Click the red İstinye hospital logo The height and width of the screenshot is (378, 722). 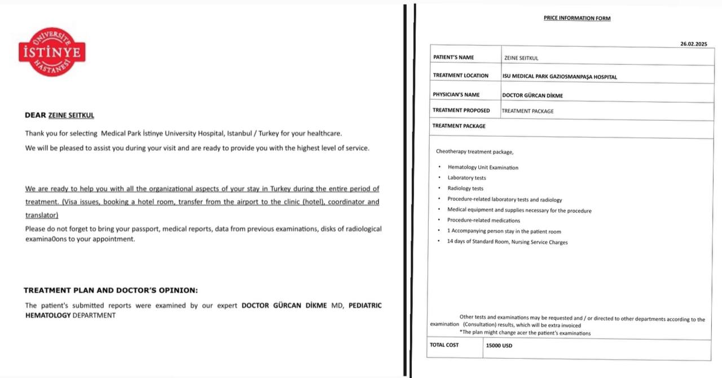[52, 52]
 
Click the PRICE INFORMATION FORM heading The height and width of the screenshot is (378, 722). [576, 18]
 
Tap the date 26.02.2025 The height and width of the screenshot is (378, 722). [693, 44]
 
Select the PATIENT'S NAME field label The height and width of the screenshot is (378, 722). [454, 58]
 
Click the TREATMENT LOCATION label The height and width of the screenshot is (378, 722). [460, 76]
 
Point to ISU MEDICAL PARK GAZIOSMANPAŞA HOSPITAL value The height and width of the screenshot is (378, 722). [559, 77]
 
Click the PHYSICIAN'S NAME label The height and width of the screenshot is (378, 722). [457, 95]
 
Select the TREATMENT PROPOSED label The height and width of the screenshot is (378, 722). [461, 111]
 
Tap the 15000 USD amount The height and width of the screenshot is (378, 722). [499, 346]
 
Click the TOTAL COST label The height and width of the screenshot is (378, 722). [444, 345]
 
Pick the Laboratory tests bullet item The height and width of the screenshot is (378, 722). [466, 178]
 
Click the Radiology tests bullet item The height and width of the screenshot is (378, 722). [465, 188]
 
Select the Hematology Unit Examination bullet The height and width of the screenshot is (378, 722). [483, 168]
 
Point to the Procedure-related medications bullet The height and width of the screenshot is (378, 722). [483, 221]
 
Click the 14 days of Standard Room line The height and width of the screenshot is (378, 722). [507, 242]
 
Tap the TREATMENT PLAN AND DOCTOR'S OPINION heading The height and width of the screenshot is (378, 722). [111, 291]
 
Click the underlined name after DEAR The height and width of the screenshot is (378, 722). [71, 115]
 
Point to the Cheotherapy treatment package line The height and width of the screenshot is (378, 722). [474, 152]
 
